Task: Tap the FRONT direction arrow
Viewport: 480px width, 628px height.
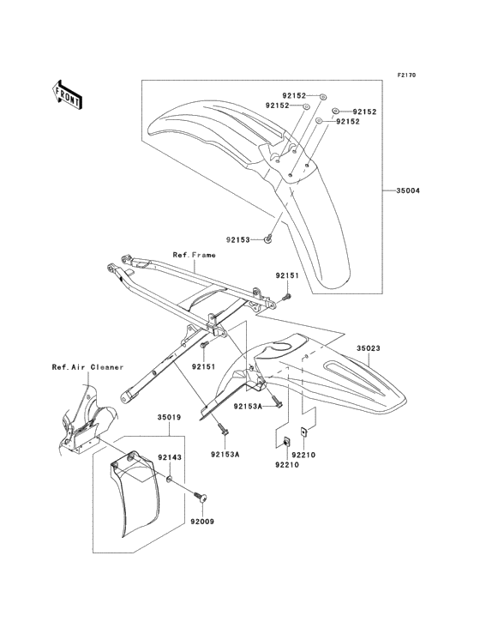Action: pyautogui.click(x=68, y=94)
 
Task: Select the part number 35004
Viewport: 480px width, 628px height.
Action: pyautogui.click(x=407, y=190)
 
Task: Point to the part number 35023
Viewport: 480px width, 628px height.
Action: pyautogui.click(x=393, y=349)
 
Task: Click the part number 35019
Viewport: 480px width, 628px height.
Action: pyautogui.click(x=168, y=419)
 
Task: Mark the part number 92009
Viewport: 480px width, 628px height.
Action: pyautogui.click(x=201, y=521)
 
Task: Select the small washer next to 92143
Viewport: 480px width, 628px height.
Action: pyautogui.click(x=171, y=479)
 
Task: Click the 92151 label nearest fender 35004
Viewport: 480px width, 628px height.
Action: pyautogui.click(x=285, y=275)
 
